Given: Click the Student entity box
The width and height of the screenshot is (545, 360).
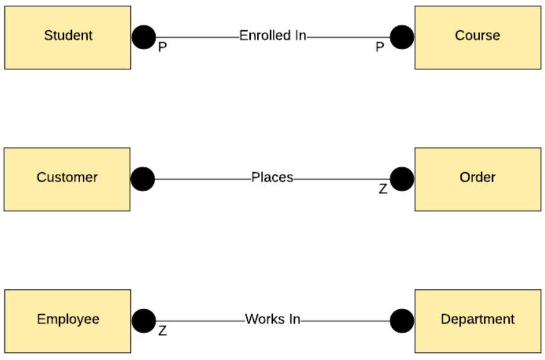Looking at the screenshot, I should point(68,37).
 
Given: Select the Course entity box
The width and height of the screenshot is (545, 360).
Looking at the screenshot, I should point(477,37).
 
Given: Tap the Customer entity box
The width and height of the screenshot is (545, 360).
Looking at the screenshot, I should point(67,179).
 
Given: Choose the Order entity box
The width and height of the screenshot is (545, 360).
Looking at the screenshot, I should point(477,179).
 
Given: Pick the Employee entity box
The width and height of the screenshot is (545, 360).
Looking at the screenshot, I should point(68,321).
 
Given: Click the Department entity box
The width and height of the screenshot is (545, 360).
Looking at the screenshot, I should point(477,321).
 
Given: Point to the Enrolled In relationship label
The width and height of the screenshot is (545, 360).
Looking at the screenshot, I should point(272,36).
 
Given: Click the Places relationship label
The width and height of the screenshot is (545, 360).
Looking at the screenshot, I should point(272,178).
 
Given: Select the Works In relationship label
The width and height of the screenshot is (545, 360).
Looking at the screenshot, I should point(272,320).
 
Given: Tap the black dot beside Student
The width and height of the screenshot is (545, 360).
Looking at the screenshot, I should point(144,37).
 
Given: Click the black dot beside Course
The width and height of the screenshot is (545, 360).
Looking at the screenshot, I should point(401,37).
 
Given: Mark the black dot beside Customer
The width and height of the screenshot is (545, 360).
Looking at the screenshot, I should point(143,179).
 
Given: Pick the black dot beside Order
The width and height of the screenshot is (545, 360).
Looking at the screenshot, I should point(401,179).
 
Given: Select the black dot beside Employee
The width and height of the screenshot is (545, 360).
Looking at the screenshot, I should point(144,321).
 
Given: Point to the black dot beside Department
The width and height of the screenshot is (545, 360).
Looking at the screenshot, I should point(401,321).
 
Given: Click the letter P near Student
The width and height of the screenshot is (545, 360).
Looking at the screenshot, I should point(162,48).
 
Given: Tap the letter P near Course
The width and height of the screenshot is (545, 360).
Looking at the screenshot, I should point(379,48).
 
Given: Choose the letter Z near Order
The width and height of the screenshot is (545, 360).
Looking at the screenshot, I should point(382,189).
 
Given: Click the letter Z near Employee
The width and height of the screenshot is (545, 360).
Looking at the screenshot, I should point(162,331).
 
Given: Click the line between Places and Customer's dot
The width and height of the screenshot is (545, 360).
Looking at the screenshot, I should point(202,179).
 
